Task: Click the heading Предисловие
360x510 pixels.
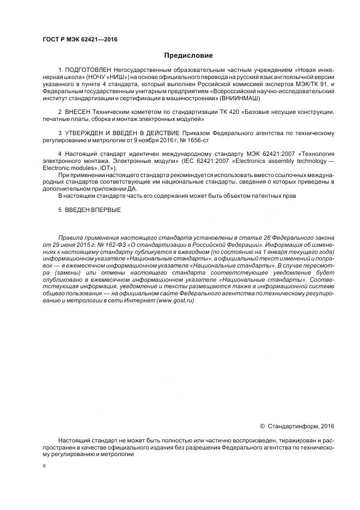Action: pos(188,56)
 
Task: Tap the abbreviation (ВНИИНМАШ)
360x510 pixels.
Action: pos(240,99)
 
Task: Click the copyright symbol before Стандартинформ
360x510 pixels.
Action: pos(262,426)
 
